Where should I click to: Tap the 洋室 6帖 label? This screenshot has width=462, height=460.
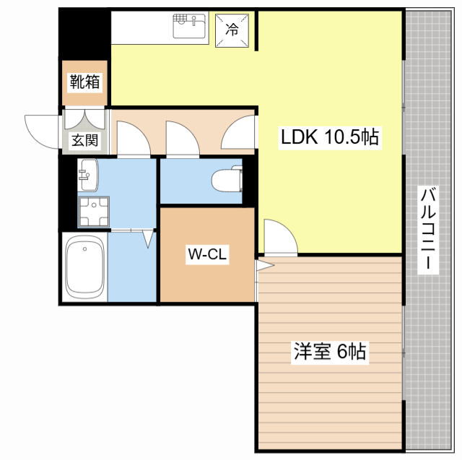point(330,352)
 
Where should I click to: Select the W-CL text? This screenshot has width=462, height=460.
point(208,254)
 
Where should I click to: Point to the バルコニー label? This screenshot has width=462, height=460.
point(429,229)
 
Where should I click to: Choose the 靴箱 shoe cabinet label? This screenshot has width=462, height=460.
point(84,82)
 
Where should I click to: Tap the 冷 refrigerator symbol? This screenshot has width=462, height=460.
point(232,29)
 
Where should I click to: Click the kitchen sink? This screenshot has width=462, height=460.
point(189,28)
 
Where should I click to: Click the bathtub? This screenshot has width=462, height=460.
point(85,267)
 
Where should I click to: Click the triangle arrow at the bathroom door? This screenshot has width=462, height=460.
point(149,238)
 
